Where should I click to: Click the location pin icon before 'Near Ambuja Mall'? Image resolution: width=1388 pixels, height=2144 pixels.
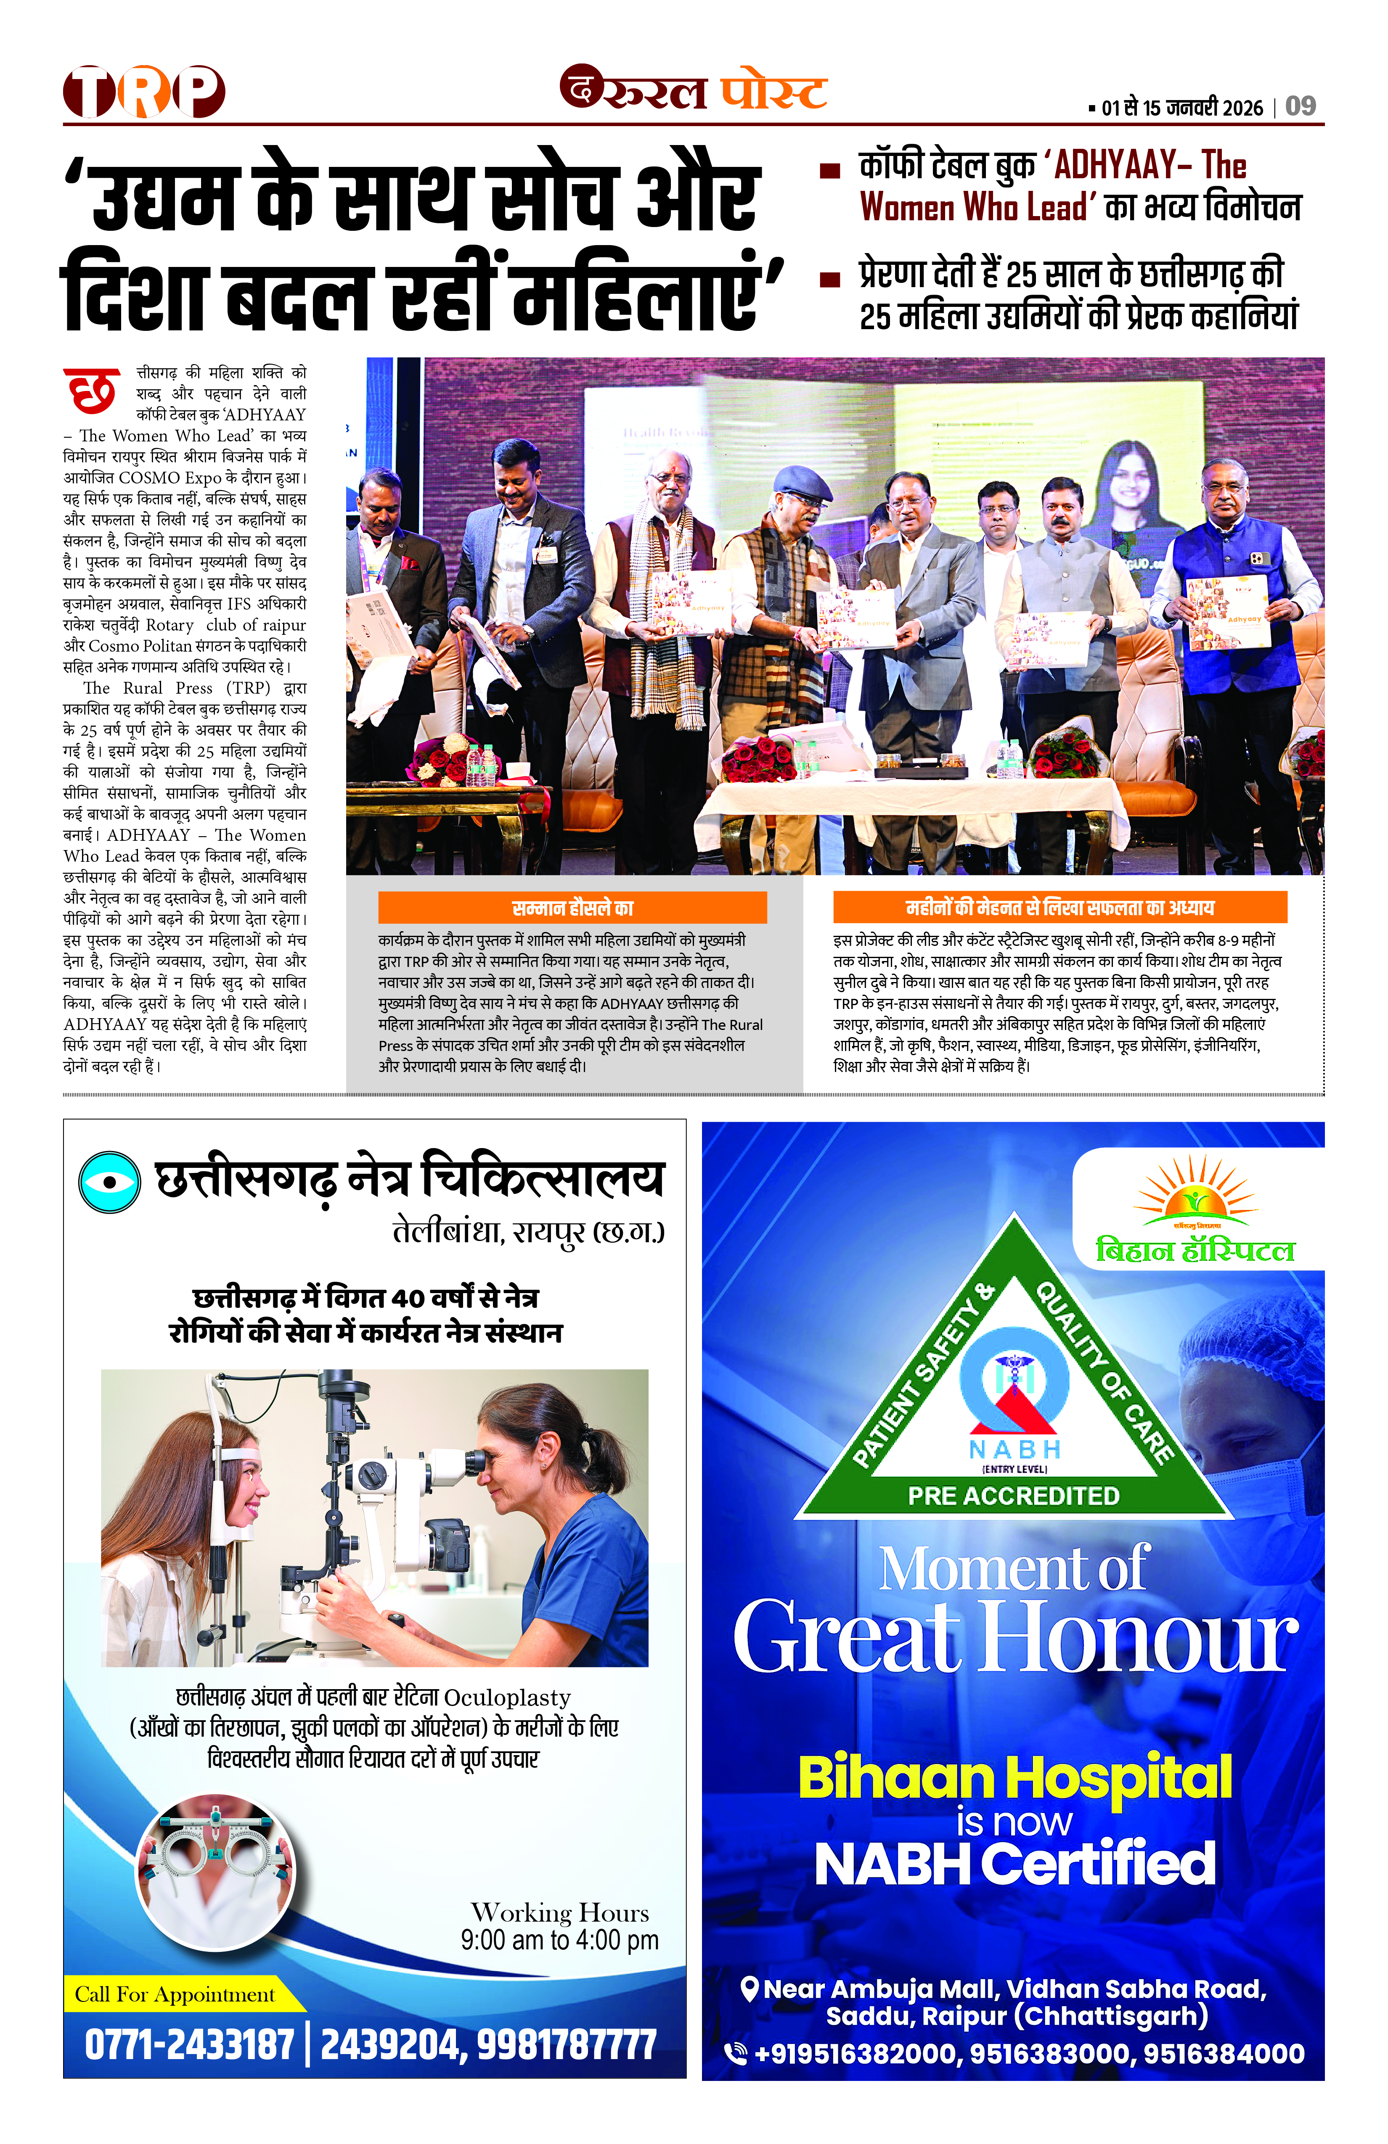748,1989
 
